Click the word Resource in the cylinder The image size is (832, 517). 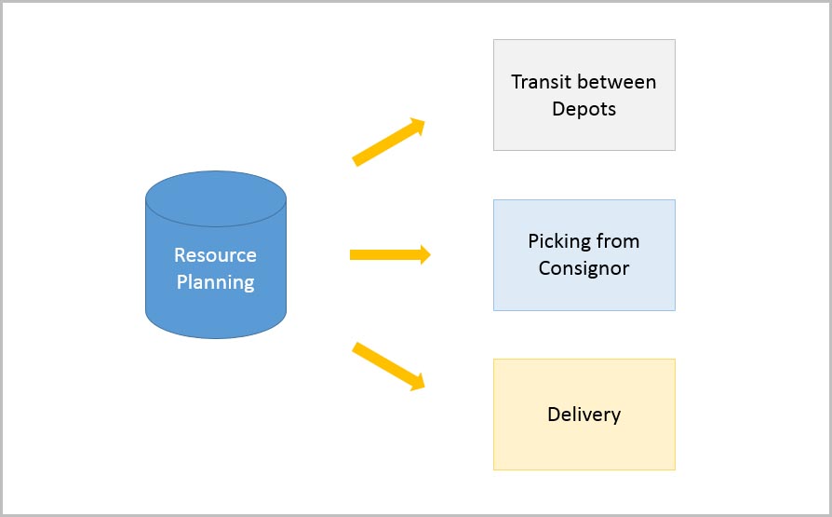[216, 255]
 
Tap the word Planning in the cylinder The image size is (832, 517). [216, 282]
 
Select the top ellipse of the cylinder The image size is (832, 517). [216, 197]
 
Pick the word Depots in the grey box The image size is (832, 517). [584, 109]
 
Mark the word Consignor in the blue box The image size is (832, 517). [584, 269]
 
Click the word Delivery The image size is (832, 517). [584, 415]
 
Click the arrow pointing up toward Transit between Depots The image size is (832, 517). [386, 143]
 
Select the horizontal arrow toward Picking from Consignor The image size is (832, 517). [386, 254]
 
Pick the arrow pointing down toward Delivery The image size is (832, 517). [386, 364]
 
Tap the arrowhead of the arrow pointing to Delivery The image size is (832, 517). [419, 382]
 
